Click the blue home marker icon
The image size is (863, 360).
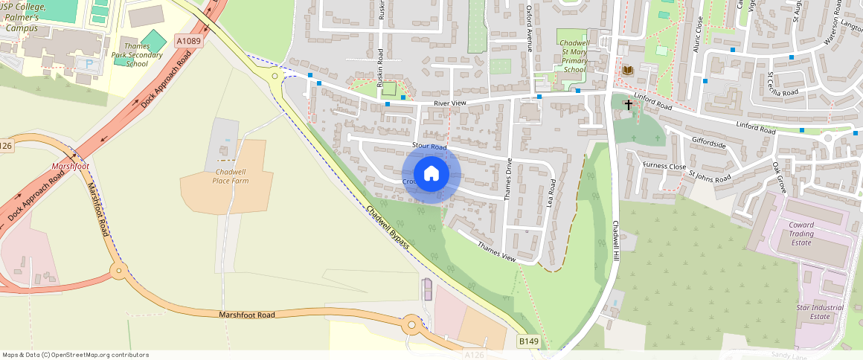(x=431, y=174)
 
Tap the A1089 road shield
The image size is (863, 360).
(x=189, y=40)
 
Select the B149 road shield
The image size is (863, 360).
(x=528, y=341)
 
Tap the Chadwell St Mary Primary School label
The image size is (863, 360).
(x=574, y=57)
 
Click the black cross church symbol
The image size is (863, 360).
(x=629, y=105)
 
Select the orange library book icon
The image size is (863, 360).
(x=628, y=70)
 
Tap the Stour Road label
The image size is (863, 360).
(x=429, y=147)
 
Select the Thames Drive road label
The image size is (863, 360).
(x=510, y=179)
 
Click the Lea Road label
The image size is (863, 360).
(x=552, y=193)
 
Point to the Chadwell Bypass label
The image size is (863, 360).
(x=388, y=227)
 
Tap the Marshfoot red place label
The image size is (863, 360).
(x=70, y=166)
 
